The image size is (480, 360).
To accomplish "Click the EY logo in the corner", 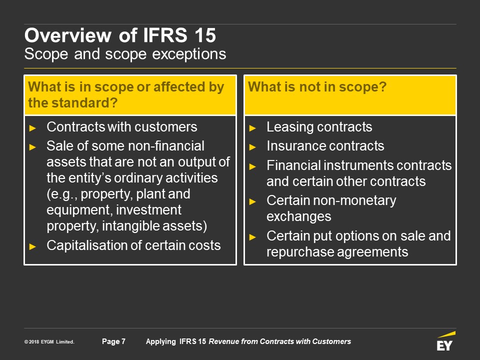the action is click(x=445, y=341).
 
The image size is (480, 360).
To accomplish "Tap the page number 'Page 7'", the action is click(x=113, y=341).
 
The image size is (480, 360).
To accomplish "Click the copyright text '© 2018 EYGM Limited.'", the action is click(x=49, y=342).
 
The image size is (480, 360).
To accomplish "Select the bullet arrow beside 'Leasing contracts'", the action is click(x=252, y=128).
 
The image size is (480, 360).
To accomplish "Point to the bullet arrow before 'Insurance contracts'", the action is click(x=252, y=147).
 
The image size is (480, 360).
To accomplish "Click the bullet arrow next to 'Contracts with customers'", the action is click(x=32, y=128).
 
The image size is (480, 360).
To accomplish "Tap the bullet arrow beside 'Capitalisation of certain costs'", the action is click(x=32, y=246).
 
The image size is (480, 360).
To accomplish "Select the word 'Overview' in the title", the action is click(x=68, y=35).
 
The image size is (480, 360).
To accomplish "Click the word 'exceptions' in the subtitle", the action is click(x=189, y=54).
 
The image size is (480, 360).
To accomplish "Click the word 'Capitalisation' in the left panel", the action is click(x=92, y=245).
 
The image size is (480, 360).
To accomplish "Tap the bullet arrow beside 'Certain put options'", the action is click(x=252, y=237).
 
